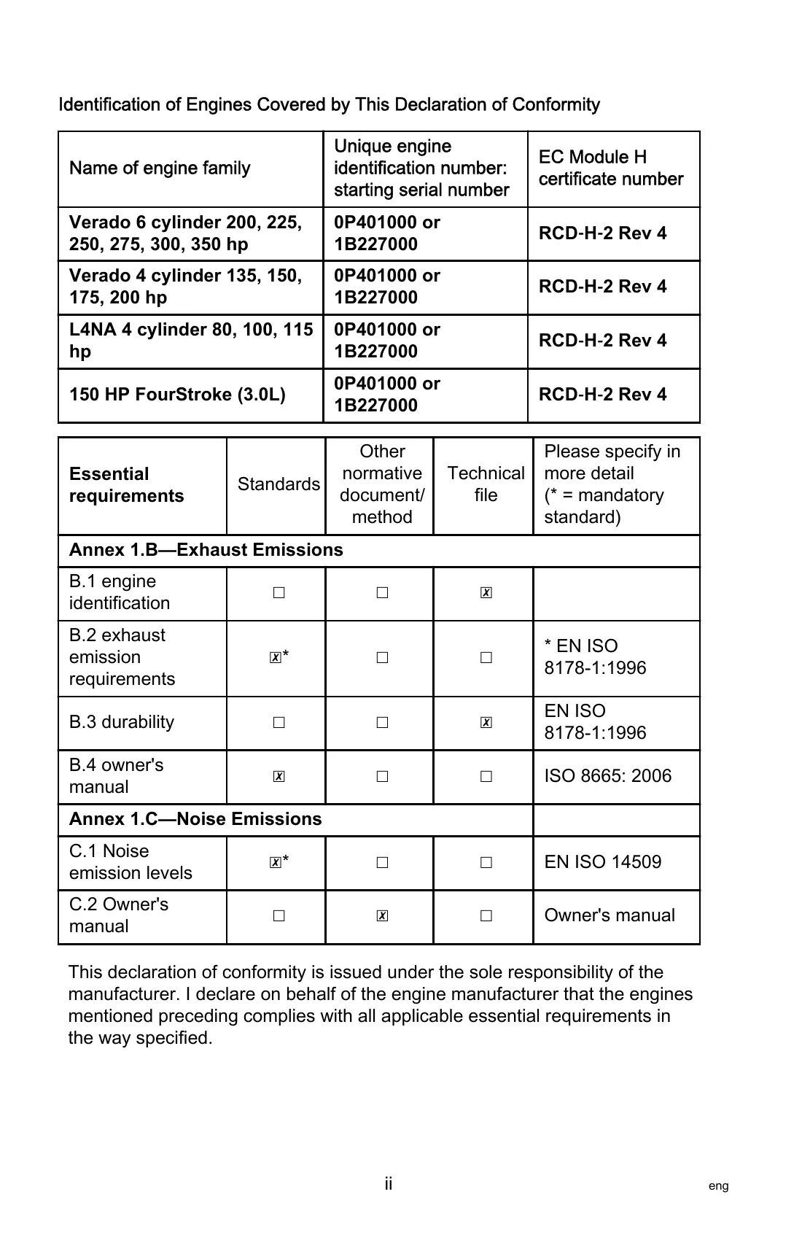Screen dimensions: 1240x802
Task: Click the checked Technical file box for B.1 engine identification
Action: [x=486, y=593]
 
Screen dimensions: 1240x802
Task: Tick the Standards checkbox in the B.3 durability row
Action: [x=279, y=723]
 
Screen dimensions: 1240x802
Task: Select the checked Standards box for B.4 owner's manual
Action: [x=279, y=777]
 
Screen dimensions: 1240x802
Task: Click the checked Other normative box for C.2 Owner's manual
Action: [x=382, y=916]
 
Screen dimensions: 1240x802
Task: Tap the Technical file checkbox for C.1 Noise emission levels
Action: [x=486, y=862]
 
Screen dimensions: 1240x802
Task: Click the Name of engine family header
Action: [x=160, y=168]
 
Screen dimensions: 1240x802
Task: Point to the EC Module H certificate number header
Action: [x=611, y=168]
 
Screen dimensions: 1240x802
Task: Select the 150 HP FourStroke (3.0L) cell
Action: [x=177, y=395]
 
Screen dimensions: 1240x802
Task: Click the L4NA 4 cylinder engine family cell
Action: [x=191, y=341]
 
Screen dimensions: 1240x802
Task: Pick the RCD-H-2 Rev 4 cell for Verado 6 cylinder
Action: [x=602, y=233]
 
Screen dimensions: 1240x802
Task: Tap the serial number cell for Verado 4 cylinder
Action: [x=387, y=287]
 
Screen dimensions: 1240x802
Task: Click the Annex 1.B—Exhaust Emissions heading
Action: [x=206, y=550]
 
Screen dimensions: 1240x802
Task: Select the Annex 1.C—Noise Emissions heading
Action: [x=195, y=819]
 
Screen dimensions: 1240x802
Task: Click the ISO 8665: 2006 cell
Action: [x=607, y=776]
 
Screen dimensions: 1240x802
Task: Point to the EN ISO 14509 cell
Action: [x=602, y=862]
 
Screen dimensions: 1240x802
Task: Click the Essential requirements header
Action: [x=126, y=485]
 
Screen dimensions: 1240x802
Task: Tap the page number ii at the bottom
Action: [x=389, y=1184]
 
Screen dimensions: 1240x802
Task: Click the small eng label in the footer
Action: [x=718, y=1186]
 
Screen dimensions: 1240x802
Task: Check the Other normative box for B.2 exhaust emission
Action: [x=382, y=658]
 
